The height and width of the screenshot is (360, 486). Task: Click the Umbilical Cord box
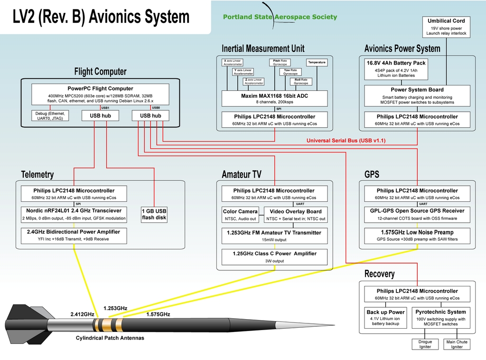pyautogui.click(x=446, y=27)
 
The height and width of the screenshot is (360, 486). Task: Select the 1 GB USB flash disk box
pyautogui.click(x=154, y=214)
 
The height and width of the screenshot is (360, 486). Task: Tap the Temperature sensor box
pyautogui.click(x=317, y=63)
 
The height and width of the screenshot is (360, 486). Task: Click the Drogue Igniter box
pyautogui.click(x=425, y=344)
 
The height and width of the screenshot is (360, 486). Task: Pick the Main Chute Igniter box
pyautogui.click(x=457, y=344)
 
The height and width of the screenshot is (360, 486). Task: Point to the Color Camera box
pyautogui.click(x=240, y=215)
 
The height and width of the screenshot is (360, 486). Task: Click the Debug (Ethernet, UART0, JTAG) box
pyautogui.click(x=50, y=115)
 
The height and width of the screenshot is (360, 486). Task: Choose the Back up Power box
pyautogui.click(x=385, y=318)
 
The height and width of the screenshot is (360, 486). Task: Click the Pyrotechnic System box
pyautogui.click(x=440, y=318)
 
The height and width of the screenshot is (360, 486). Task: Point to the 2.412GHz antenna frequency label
pyautogui.click(x=83, y=314)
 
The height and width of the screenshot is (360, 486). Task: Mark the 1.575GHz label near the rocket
pyautogui.click(x=158, y=314)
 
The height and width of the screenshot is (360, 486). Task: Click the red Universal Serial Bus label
pyautogui.click(x=346, y=141)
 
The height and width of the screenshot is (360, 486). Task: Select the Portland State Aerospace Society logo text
pyautogui.click(x=280, y=17)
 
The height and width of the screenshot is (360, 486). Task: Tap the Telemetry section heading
pyautogui.click(x=37, y=174)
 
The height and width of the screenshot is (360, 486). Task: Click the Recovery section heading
pyautogui.click(x=379, y=274)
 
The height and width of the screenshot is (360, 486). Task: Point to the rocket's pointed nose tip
pyautogui.click(x=334, y=326)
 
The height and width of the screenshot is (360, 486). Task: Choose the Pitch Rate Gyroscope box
pyautogui.click(x=280, y=63)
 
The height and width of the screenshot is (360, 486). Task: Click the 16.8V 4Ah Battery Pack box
pyautogui.click(x=396, y=69)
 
